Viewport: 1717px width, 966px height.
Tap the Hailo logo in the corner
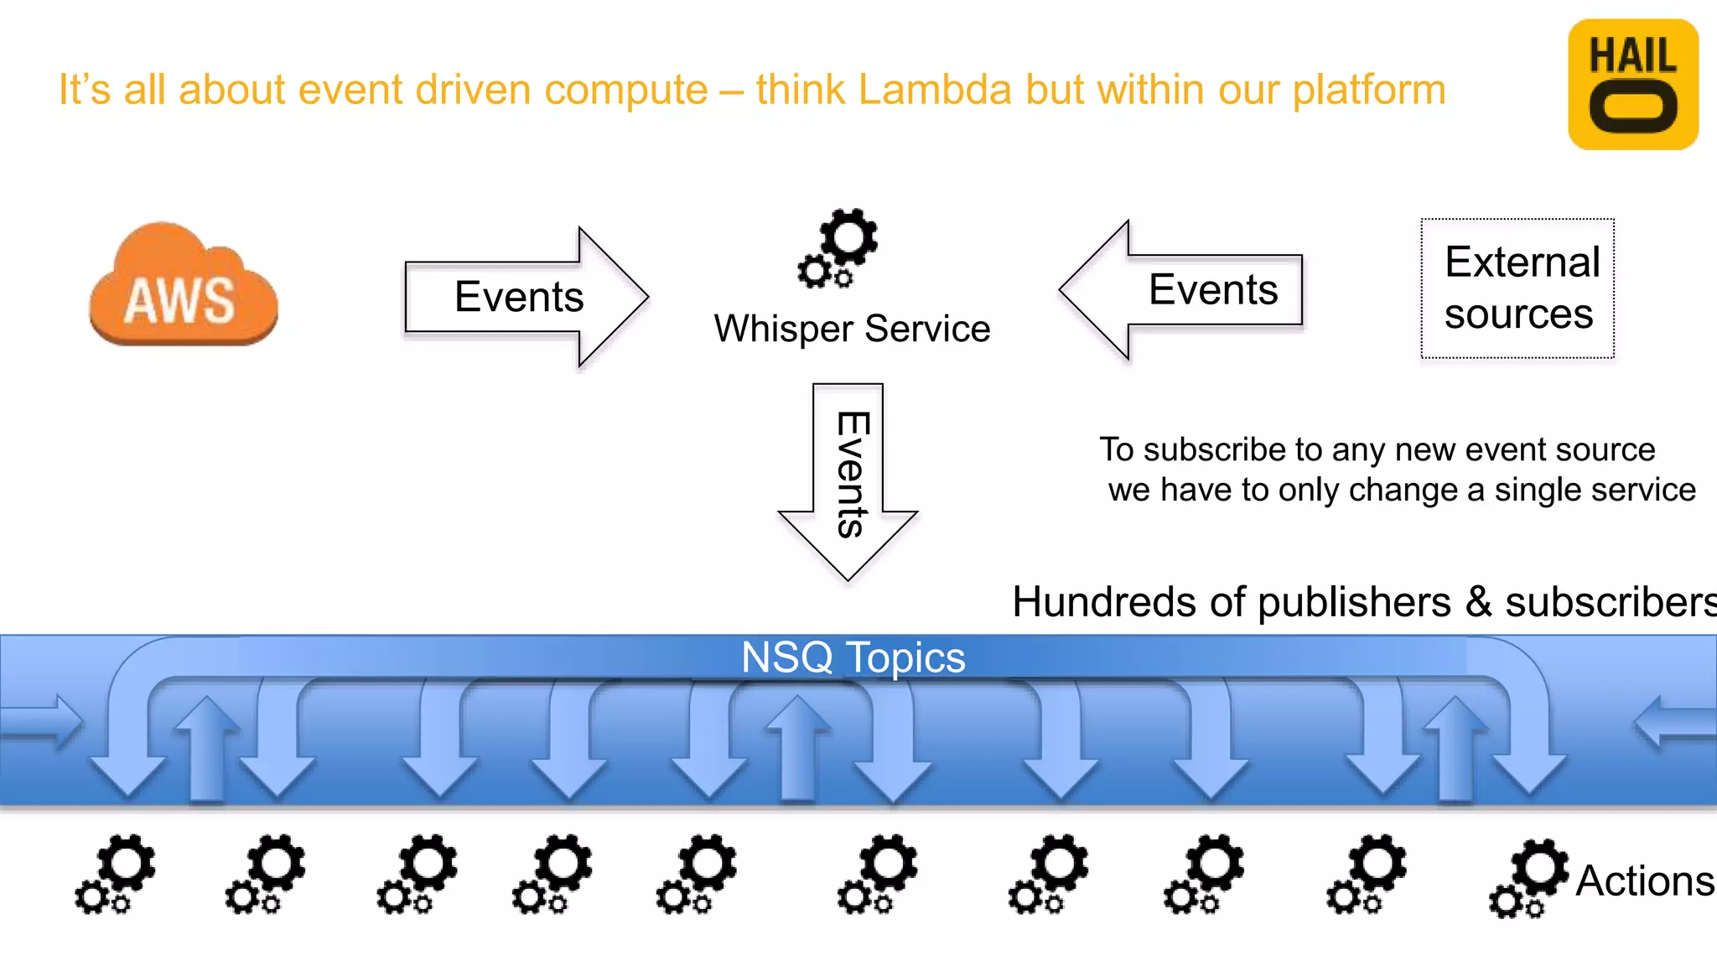coord(1632,85)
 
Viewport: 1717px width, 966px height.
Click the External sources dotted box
coord(1517,288)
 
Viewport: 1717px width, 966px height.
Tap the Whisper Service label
coord(852,329)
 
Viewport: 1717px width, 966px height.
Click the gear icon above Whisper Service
coord(839,247)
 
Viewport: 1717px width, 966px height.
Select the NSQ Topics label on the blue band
coord(853,657)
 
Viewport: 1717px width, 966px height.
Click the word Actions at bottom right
coord(1645,881)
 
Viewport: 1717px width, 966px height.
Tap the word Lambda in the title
coord(935,90)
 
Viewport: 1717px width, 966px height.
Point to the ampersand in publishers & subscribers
coord(1479,602)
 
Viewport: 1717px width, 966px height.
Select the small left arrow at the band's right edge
coord(1673,721)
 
